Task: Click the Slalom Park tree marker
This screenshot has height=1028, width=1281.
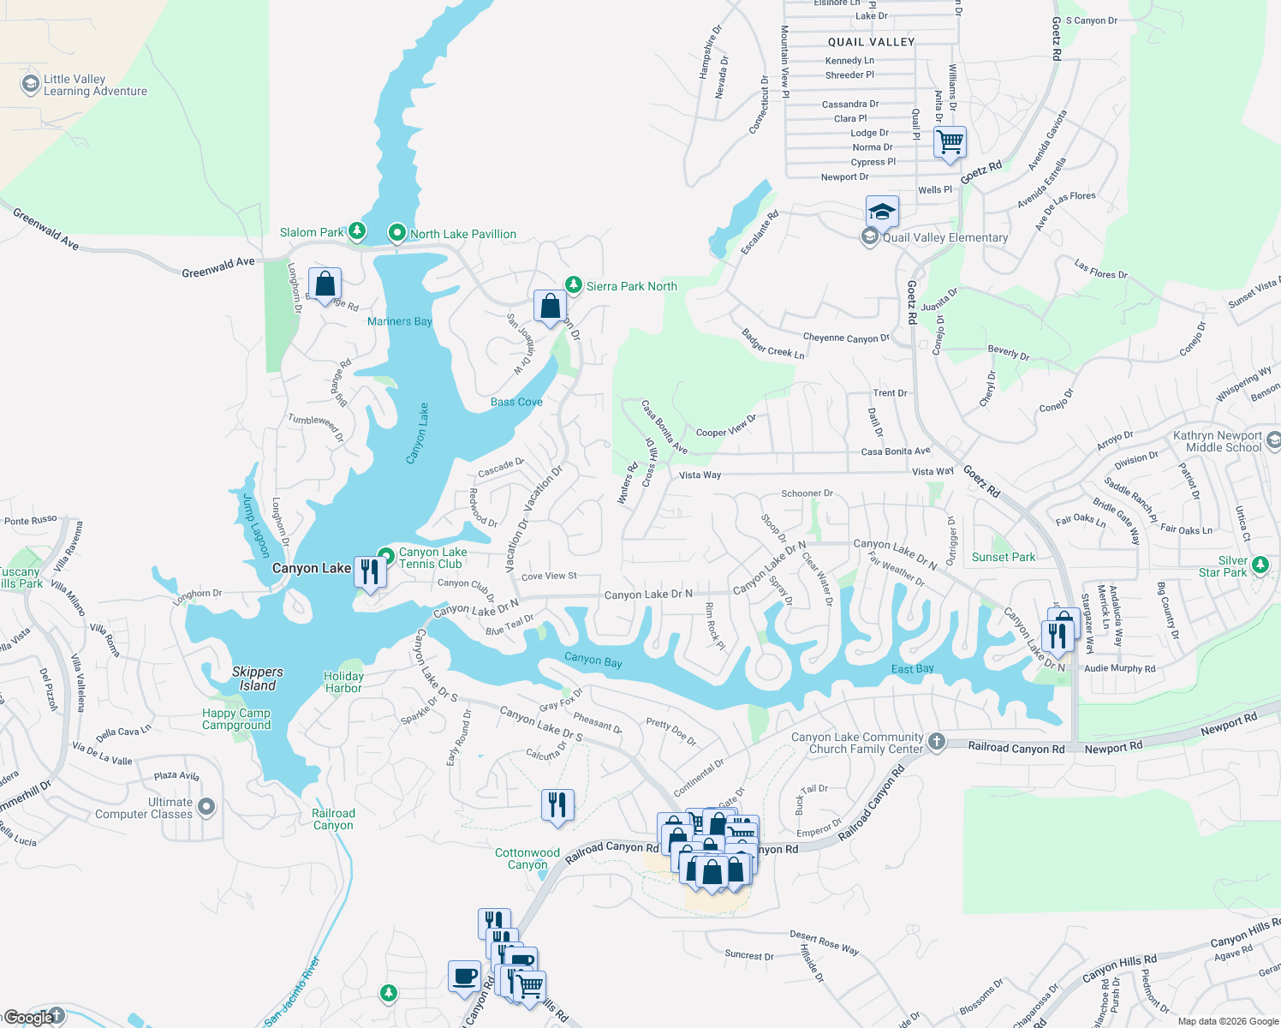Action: [x=357, y=231]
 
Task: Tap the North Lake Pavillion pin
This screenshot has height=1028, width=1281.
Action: [x=397, y=233]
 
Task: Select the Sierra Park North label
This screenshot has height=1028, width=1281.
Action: [x=631, y=286]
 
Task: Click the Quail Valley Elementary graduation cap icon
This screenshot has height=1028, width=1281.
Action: [x=881, y=211]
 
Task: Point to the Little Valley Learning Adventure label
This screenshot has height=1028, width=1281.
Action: [x=95, y=85]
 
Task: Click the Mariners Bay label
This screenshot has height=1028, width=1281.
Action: [x=399, y=321]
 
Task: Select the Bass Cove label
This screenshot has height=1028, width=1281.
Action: [x=516, y=402]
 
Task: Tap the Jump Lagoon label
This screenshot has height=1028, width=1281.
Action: [x=255, y=525]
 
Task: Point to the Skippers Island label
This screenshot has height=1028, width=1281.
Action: [x=257, y=678]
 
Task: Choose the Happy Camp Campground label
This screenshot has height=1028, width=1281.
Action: [x=236, y=719]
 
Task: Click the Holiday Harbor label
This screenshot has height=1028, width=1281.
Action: [x=343, y=682]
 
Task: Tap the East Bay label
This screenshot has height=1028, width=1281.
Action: [x=912, y=668]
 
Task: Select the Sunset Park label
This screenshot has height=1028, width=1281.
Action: [x=1004, y=557]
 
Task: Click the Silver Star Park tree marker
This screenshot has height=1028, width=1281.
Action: [x=1260, y=565]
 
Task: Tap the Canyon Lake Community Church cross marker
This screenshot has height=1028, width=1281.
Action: [x=936, y=742]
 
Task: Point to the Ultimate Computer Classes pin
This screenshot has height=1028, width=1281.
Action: [x=206, y=807]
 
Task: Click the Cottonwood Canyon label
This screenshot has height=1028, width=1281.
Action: [x=527, y=858]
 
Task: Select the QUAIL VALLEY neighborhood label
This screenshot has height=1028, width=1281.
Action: [x=871, y=42]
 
